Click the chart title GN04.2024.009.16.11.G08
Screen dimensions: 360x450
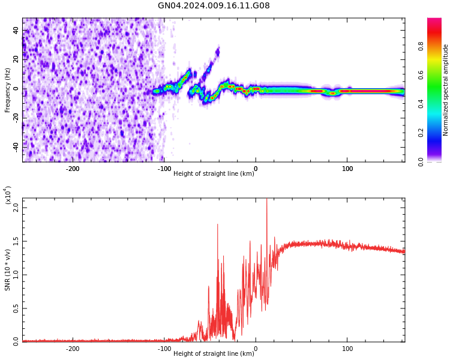point(214,6)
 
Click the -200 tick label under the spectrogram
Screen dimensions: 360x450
point(72,169)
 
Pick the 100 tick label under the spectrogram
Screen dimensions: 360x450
point(347,169)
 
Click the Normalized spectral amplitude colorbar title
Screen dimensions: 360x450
point(446,90)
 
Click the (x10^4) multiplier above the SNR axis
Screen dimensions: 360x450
point(7,195)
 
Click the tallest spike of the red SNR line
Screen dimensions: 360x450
point(266,200)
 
